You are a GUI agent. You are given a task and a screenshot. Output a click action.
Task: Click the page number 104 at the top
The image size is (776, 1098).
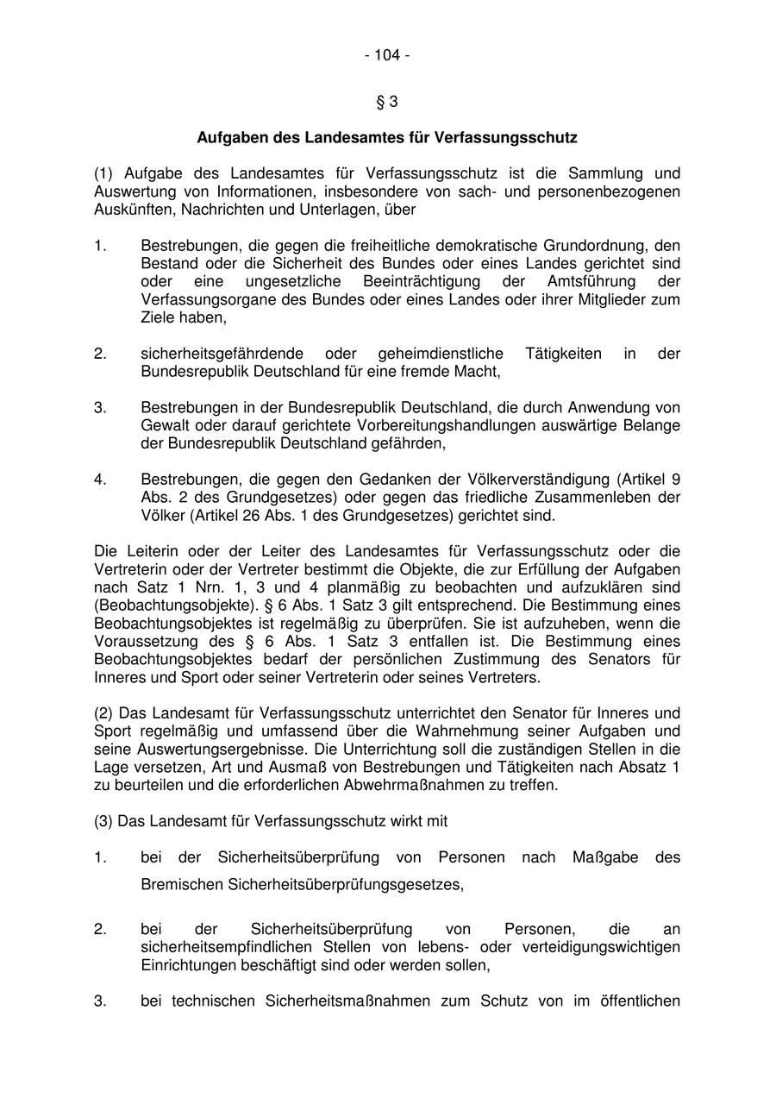pos(387,56)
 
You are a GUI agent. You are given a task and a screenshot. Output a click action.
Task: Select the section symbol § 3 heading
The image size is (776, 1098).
pos(387,102)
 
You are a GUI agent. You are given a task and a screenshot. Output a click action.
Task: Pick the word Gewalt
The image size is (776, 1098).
pos(163,426)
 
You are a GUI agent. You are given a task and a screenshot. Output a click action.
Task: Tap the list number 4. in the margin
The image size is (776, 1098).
pos(100,480)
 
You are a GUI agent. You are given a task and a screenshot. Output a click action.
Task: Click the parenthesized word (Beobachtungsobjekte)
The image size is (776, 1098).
pos(160,605)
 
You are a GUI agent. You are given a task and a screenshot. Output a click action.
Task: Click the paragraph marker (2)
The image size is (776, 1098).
pos(104,713)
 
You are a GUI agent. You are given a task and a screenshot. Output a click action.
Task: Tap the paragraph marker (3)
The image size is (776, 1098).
pos(104,821)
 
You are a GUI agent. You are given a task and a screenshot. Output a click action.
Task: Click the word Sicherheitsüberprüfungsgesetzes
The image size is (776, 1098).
pos(345,884)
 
